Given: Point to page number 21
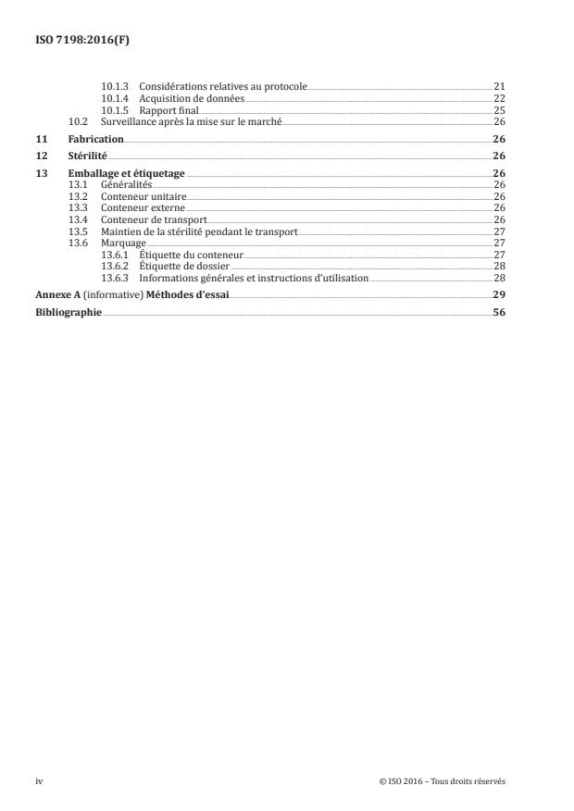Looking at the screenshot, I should (498, 86).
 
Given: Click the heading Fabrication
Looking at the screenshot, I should (96, 139).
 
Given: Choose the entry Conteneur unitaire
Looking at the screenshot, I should (143, 196).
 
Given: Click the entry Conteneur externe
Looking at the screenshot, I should (142, 208).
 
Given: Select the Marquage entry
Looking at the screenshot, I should (123, 243).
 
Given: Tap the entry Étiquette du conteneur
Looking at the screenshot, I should (191, 255).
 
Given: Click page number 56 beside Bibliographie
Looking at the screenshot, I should (498, 312).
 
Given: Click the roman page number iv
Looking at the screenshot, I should (40, 781).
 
